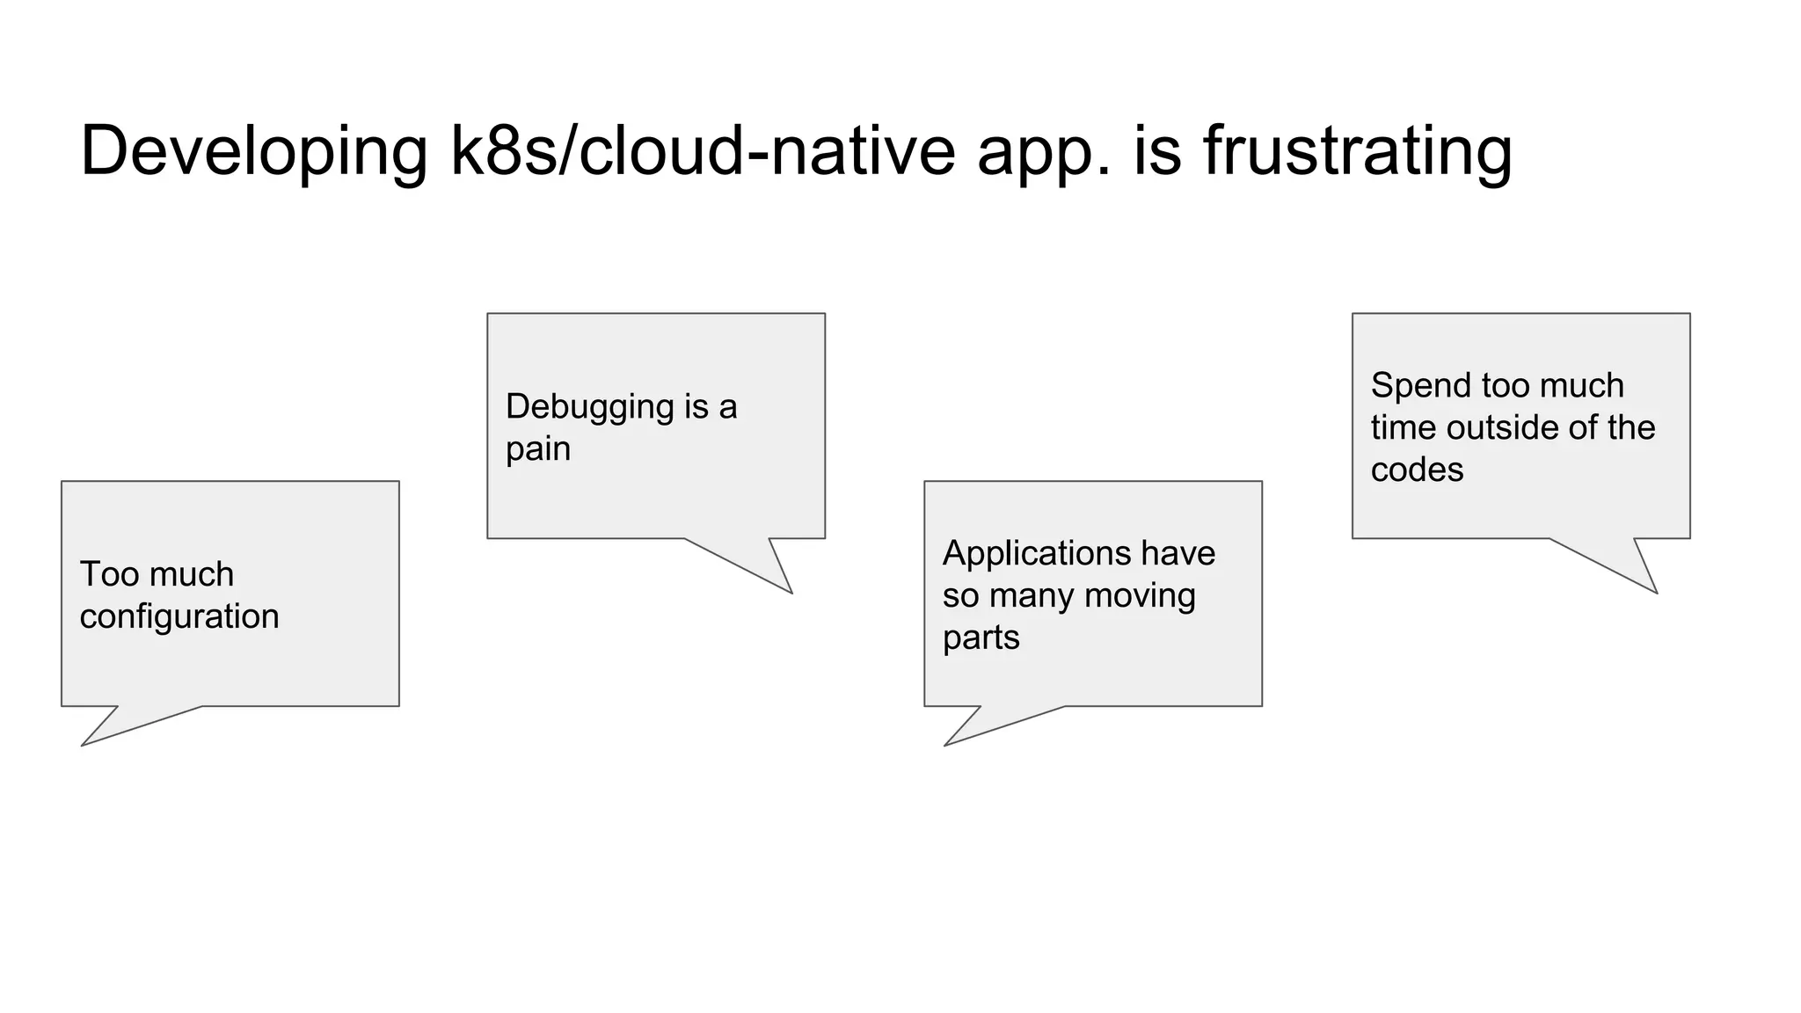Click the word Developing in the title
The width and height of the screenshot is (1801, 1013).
click(253, 151)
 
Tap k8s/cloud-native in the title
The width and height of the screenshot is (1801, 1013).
click(703, 151)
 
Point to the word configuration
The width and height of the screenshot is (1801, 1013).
click(179, 617)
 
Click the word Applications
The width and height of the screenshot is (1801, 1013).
click(1036, 554)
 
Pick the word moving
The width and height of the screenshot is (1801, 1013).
click(1140, 596)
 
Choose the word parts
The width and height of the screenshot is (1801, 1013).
click(981, 638)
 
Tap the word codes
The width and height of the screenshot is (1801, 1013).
click(1417, 470)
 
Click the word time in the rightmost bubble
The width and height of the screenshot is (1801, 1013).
click(1404, 428)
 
